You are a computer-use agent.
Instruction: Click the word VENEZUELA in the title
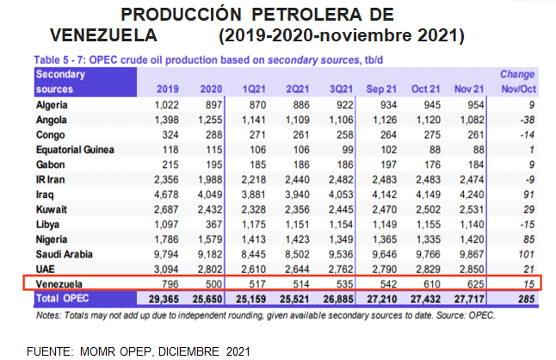tap(103, 35)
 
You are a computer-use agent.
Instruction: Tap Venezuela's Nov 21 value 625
tap(470, 282)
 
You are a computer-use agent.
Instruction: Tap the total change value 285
tap(525, 297)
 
